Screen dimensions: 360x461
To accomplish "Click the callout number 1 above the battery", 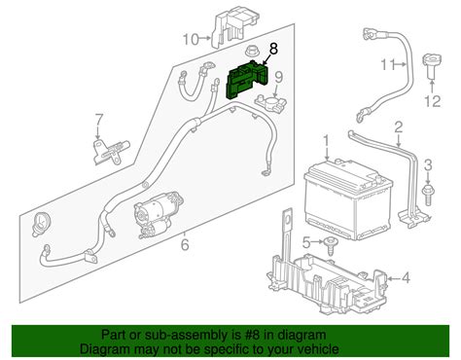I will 327,141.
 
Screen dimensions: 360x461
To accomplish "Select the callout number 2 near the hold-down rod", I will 397,128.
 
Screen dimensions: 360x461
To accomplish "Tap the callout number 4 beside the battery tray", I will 406,279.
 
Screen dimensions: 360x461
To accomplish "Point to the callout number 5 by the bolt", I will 305,241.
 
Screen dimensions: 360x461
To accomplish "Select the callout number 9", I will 278,79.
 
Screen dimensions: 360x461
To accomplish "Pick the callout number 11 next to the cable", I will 387,65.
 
